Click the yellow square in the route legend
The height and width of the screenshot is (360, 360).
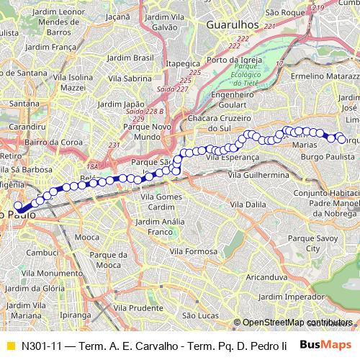(9, 345)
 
